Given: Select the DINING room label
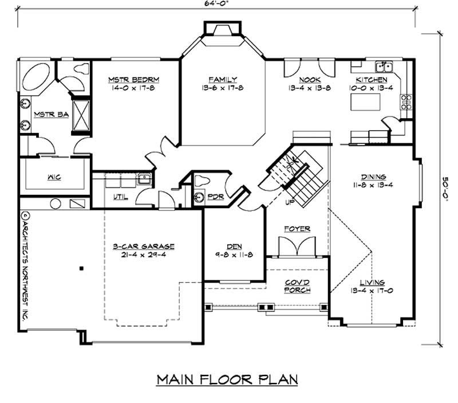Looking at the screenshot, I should [x=373, y=177].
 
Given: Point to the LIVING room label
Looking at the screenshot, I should [x=372, y=282].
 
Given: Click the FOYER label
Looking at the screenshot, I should [x=297, y=229].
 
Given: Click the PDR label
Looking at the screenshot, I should [x=216, y=197].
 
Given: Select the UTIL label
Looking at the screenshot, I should [x=121, y=197].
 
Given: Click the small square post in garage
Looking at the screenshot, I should [x=81, y=268].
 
